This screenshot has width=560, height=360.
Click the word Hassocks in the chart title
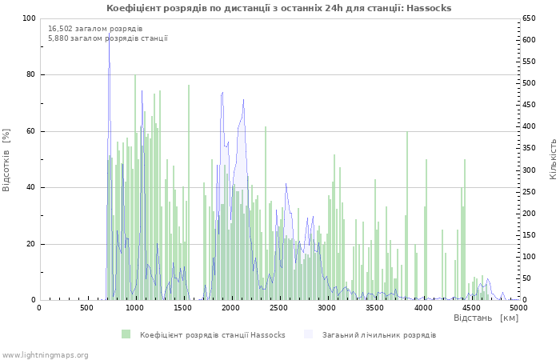coord(429,8)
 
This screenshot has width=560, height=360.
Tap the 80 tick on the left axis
coord(31,74)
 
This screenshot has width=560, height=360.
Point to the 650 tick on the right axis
coord(529,18)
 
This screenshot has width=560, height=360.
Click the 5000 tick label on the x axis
coord(518,308)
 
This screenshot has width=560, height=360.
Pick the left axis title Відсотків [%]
coord(6,160)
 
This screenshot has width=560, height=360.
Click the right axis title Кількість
coord(553,159)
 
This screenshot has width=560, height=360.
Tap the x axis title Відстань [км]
coord(486,318)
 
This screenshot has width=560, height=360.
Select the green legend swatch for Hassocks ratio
coord(126,334)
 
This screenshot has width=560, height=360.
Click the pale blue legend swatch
coord(308,334)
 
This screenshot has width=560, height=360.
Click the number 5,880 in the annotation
coord(58,38)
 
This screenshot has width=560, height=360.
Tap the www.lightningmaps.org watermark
coord(45,355)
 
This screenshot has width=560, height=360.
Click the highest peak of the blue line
coord(110,34)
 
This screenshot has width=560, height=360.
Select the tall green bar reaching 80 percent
coord(135,187)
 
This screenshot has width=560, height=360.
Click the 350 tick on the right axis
coord(529,148)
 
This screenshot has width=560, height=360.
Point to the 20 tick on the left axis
coord(31,244)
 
